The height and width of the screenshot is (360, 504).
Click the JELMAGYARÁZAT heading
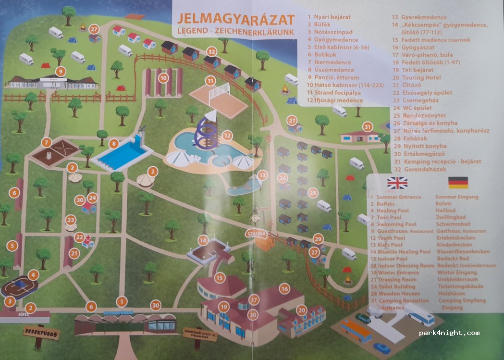tap(235, 20)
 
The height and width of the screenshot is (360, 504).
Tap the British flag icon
tap(397, 183)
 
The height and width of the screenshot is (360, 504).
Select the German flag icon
tap(458, 183)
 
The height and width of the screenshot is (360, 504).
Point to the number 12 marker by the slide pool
tap(227, 136)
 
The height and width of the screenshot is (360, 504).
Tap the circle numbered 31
tap(368, 127)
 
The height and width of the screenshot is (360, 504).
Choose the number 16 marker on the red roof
tap(285, 289)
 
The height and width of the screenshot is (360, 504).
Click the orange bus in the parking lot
tap(356, 330)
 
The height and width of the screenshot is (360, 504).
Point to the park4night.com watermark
tap(449, 333)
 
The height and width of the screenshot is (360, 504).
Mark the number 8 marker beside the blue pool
tap(114, 143)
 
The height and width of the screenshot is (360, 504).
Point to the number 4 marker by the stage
tap(33, 275)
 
